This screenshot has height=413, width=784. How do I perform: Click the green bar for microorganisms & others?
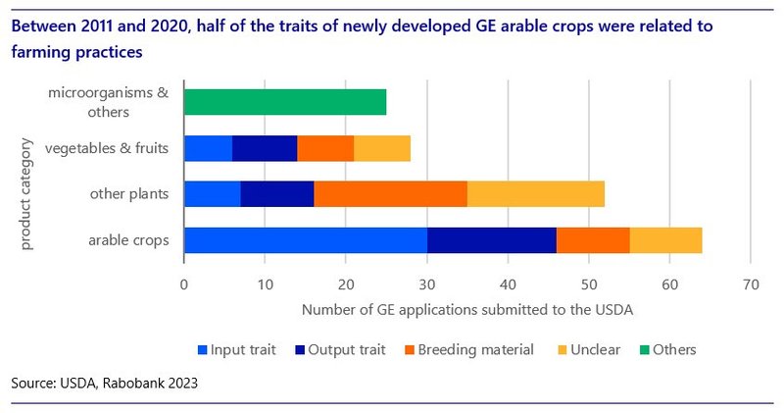[x=284, y=102]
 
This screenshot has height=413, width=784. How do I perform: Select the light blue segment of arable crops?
[x=305, y=239]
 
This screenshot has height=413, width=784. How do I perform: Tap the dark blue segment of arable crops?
[x=491, y=239]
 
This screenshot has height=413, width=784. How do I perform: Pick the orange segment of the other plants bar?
[x=390, y=194]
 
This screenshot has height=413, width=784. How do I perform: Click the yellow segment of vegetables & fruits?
[x=382, y=148]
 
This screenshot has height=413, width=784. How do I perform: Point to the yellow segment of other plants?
[x=535, y=194]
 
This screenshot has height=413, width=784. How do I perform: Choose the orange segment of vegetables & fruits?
[x=325, y=148]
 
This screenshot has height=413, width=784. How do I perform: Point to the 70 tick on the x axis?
[x=750, y=284]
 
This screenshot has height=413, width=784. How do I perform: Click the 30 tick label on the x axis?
[x=426, y=284]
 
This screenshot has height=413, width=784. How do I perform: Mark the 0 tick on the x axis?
[x=184, y=284]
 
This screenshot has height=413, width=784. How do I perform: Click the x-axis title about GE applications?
[x=466, y=310]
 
